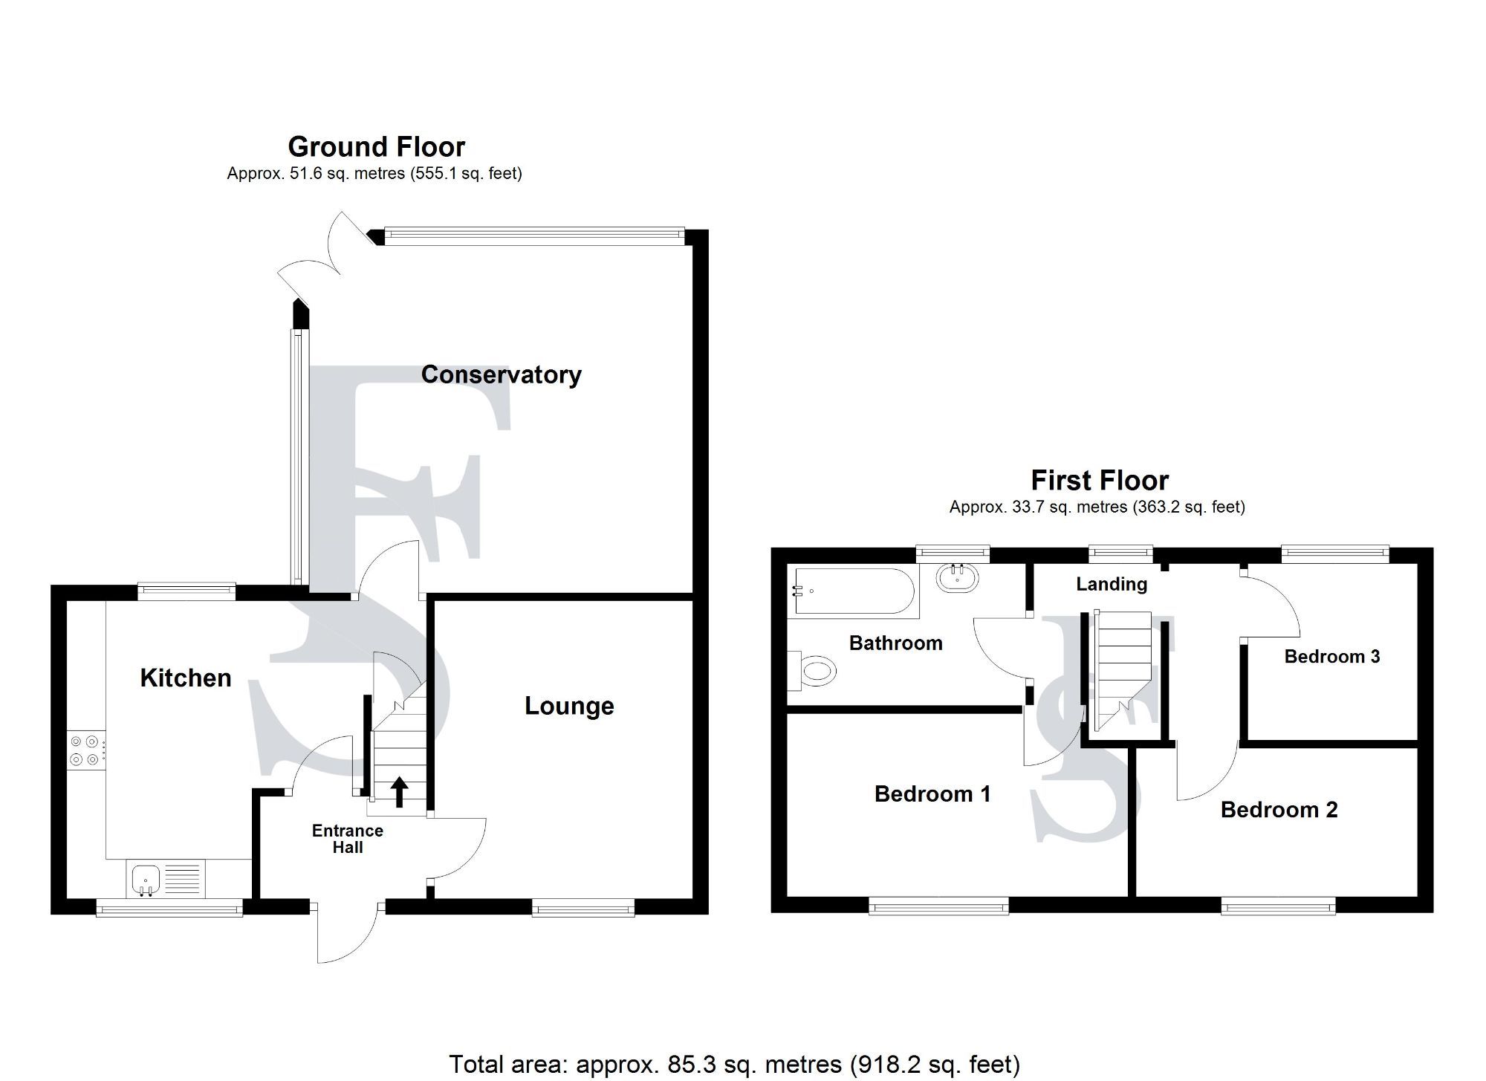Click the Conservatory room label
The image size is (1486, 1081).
pos(501,374)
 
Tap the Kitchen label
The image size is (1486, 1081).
pos(186,678)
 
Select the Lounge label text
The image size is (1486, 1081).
pos(569,706)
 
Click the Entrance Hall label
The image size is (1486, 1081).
pos(347,839)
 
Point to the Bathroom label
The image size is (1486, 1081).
pos(895,643)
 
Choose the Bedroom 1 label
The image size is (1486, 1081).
pos(932,794)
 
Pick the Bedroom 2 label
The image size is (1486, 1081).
pos(1279,810)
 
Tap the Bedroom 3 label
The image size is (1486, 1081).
pos(1331,656)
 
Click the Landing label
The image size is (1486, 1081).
pos(1112,584)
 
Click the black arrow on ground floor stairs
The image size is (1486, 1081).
pos(399,792)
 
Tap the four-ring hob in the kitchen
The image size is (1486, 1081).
pos(85,750)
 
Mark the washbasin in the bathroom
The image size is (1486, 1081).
pos(957,578)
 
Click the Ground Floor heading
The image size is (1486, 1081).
pos(376,147)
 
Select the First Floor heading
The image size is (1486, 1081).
pos(1100,481)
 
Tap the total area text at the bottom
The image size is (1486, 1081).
pos(734,1064)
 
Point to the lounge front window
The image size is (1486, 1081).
pos(583,907)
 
